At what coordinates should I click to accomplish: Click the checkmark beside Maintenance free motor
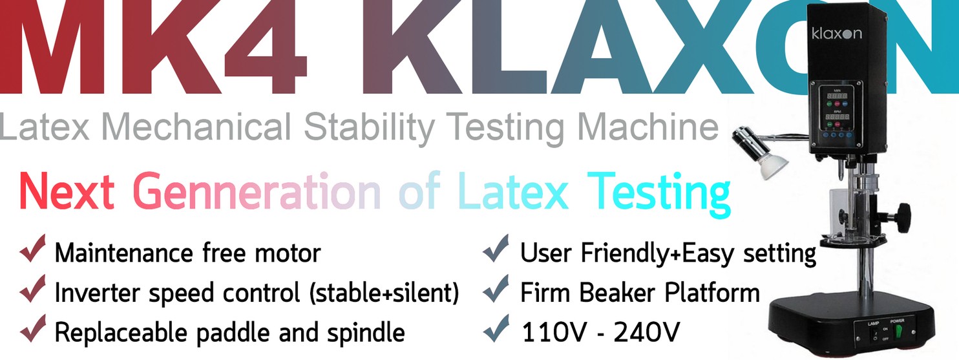[32, 250]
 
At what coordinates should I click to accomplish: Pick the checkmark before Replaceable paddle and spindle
[32, 331]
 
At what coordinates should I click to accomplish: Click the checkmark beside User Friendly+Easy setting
[497, 251]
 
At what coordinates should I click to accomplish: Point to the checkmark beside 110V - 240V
[497, 331]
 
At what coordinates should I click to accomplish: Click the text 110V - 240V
[600, 332]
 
